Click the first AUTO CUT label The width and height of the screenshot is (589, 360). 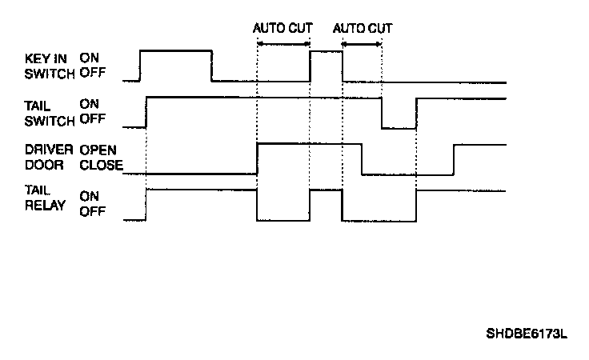point(283,27)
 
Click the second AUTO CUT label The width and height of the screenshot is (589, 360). point(363,27)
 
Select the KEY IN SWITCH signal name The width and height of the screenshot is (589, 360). point(47,66)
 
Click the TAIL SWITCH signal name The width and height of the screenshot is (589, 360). point(47,113)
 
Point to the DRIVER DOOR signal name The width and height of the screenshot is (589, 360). point(47,158)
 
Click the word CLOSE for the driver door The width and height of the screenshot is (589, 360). point(101,166)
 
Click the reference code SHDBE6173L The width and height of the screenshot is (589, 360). point(527,334)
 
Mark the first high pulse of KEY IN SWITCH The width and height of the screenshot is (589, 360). point(176,51)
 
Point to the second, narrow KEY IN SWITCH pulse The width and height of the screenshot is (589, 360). point(326,51)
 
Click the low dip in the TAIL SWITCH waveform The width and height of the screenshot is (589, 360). point(399,126)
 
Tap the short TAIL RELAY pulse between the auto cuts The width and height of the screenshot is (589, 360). point(326,190)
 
